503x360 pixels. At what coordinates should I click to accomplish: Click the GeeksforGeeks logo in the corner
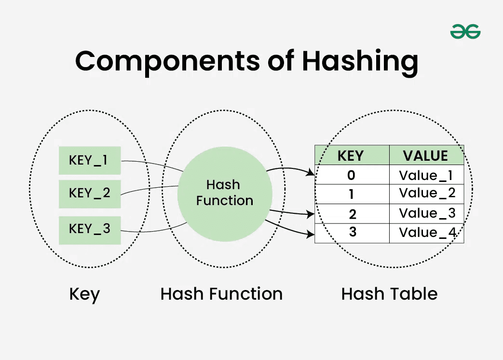pos(465,32)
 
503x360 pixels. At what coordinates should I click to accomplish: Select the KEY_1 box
pos(90,160)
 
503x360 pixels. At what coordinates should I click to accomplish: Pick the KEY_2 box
pos(90,194)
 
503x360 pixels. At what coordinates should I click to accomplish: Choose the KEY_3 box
pos(90,230)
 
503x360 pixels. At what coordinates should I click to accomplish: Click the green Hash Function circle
pos(225,193)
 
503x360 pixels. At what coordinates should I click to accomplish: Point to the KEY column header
pos(352,155)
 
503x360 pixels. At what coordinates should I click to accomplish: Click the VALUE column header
pos(426,155)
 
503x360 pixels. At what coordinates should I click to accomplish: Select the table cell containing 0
pos(352,175)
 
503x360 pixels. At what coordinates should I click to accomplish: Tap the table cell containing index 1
pos(352,194)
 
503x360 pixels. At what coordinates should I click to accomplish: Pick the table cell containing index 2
pos(352,214)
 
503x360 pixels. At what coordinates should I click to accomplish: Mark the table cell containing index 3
pos(352,233)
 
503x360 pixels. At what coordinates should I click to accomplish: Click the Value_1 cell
pos(426,175)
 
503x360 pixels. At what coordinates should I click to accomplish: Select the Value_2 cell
pos(426,194)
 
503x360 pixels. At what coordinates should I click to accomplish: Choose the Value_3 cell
pos(426,214)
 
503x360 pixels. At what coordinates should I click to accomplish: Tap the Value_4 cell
pos(426,233)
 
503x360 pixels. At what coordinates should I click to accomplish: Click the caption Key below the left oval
pos(84,294)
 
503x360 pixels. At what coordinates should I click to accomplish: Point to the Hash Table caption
pos(389,294)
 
